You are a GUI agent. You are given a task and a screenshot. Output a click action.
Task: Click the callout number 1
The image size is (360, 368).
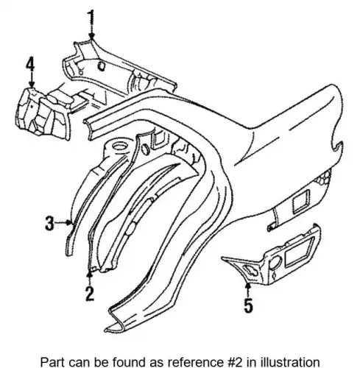click(91, 17)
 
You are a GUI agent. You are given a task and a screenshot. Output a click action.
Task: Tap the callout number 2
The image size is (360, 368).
click(90, 294)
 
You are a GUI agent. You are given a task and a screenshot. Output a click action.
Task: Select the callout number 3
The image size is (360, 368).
click(49, 223)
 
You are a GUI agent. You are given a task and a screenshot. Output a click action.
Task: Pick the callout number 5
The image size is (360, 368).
click(248, 305)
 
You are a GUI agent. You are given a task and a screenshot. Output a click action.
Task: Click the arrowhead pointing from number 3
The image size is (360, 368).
click(71, 222)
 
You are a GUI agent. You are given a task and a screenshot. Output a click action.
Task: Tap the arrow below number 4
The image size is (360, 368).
click(32, 79)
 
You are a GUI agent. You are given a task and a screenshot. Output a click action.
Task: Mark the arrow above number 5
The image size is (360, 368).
click(248, 290)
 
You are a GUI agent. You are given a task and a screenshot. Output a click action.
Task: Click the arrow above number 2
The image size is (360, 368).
click(90, 278)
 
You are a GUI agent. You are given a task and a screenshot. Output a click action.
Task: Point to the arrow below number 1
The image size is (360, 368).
click(91, 32)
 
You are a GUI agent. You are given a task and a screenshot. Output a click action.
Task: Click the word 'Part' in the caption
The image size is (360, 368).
click(51, 362)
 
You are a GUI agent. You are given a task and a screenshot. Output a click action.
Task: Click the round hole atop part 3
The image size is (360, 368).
click(120, 146)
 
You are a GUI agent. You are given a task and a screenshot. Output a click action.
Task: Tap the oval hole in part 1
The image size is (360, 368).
click(101, 66)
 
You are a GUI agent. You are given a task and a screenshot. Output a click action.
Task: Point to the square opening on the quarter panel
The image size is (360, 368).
click(300, 201)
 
